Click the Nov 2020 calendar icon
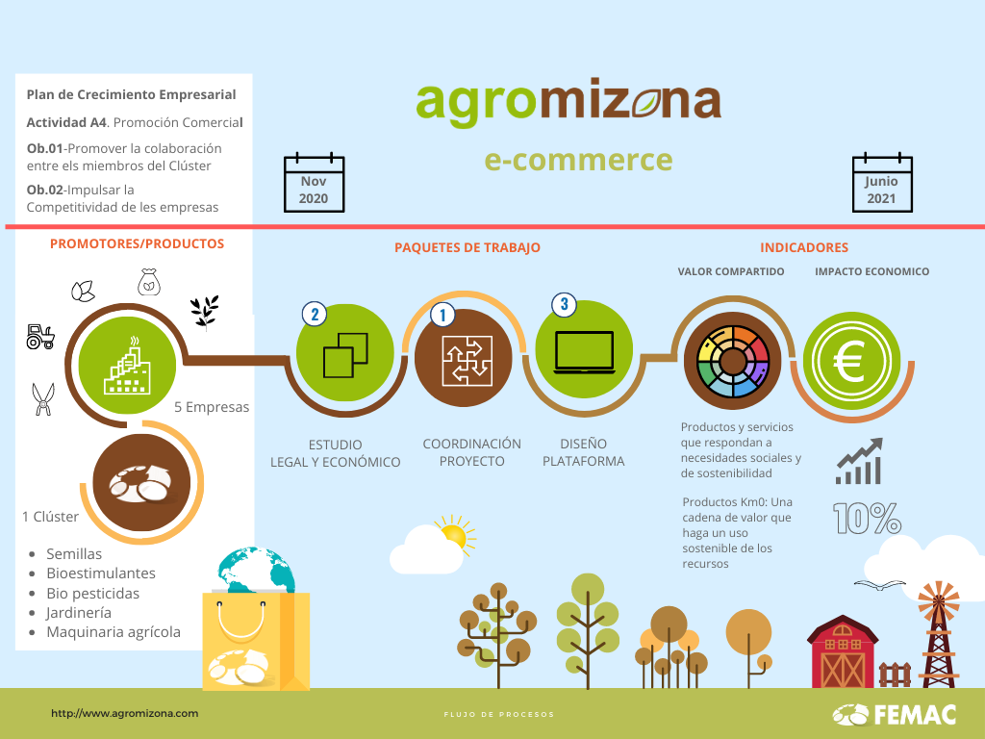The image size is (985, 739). [x=315, y=182]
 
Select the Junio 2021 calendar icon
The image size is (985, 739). [x=882, y=182]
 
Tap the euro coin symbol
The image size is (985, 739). [x=852, y=361]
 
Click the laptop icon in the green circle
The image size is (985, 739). [x=584, y=352]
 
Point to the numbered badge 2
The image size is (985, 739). [x=315, y=314]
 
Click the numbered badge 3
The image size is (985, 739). [x=564, y=305]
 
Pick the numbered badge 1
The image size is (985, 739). [x=442, y=315]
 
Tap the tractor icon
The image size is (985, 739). [x=40, y=336]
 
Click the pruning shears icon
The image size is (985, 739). [x=42, y=399]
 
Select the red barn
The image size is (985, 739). [x=843, y=652]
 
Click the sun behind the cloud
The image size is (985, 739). [x=455, y=535]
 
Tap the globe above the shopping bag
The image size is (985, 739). [x=256, y=570]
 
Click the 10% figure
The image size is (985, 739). [x=867, y=519]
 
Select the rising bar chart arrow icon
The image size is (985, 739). [x=859, y=461]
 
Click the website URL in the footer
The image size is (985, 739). [x=124, y=713]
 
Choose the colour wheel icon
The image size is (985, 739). [x=732, y=362]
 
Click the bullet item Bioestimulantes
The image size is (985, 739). [x=100, y=573]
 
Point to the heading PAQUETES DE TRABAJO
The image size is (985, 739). [x=467, y=247]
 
